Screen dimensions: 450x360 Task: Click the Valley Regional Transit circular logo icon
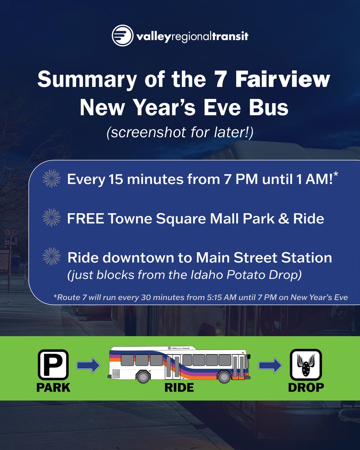[122, 36]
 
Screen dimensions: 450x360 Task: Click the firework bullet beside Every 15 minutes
[51, 178]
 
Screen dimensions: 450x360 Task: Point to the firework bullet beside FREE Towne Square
[51, 218]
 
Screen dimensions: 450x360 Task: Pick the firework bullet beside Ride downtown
[51, 257]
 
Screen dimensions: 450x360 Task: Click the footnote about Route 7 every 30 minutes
[201, 297]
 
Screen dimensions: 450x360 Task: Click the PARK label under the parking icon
[53, 387]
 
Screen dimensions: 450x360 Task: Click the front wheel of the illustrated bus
[224, 376]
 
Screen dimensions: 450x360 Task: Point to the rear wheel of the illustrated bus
[144, 376]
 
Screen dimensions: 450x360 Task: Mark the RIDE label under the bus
[179, 387]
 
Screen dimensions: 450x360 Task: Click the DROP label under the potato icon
[306, 387]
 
